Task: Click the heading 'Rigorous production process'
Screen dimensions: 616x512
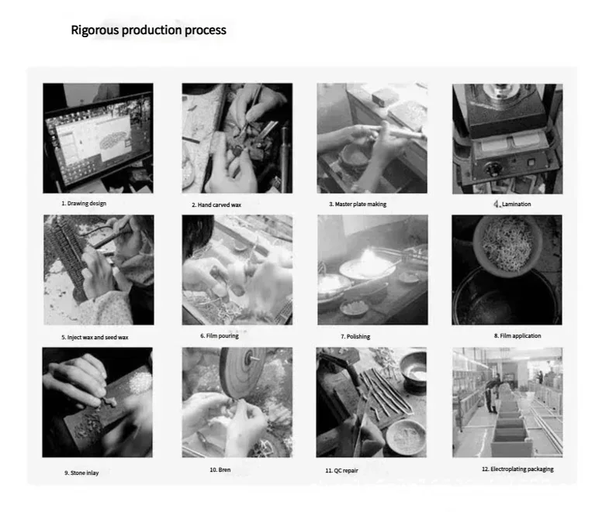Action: click(148, 30)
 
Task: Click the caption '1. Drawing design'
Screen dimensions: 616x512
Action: click(84, 203)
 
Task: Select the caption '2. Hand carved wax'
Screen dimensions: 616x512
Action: click(216, 204)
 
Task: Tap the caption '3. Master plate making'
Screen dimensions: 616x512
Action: click(358, 204)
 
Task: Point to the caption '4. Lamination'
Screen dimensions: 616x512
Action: click(512, 204)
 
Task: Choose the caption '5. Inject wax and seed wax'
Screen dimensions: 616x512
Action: click(95, 338)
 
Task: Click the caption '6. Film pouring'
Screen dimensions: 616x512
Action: click(220, 336)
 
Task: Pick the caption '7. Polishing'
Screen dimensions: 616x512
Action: click(355, 337)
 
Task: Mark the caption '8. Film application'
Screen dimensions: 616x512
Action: click(517, 336)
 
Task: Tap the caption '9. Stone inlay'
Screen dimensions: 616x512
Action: click(81, 472)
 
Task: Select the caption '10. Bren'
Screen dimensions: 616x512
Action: click(220, 469)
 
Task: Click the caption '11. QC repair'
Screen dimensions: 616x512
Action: click(341, 470)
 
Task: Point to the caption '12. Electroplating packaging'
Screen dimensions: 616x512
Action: click(517, 469)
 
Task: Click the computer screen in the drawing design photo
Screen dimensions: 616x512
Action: click(98, 139)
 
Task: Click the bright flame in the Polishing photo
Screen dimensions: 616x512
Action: click(367, 257)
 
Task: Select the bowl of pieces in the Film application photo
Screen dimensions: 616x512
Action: click(507, 245)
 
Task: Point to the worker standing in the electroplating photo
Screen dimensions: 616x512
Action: click(491, 396)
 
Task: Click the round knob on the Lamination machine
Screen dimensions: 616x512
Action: click(492, 170)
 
